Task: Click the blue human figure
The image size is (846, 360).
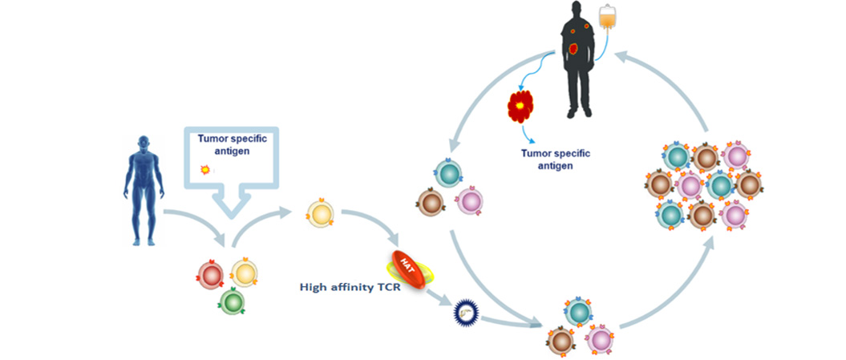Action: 144,190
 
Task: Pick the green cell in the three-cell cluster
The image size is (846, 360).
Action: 232,301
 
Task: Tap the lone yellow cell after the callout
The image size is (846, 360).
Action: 321,214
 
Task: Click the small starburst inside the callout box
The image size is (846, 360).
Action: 205,170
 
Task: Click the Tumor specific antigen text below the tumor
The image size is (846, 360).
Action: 555,160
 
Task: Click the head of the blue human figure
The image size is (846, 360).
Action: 144,142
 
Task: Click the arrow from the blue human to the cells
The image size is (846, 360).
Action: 196,221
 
